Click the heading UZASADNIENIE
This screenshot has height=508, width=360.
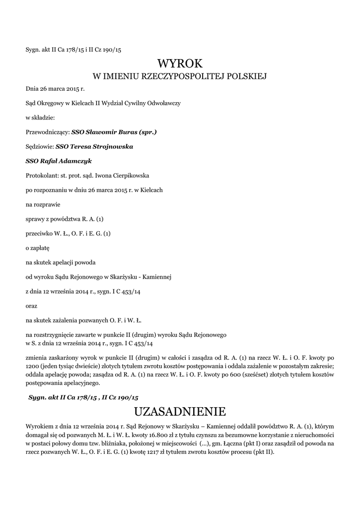click(180, 411)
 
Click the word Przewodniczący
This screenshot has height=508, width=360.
click(47, 132)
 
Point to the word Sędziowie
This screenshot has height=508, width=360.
click(40, 147)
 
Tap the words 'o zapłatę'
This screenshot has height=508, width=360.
click(38, 247)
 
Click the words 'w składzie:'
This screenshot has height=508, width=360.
click(40, 118)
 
